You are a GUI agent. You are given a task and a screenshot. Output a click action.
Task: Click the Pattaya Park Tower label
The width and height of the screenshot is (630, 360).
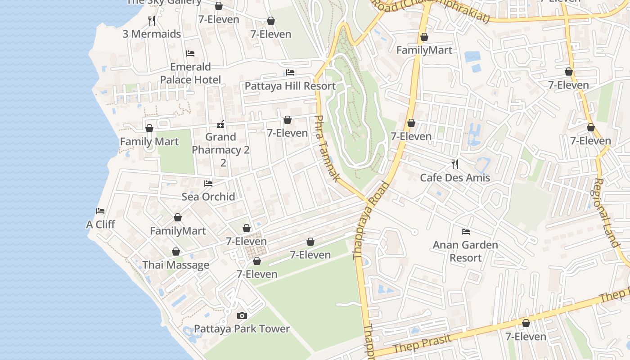coord(242,329)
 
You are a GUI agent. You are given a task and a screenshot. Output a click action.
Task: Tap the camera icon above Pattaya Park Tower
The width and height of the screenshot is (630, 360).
coord(242,315)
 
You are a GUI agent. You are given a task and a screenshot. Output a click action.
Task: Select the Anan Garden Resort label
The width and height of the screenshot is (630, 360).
coord(465,251)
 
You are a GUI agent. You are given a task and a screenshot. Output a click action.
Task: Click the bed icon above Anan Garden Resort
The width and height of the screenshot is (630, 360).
coord(466,232)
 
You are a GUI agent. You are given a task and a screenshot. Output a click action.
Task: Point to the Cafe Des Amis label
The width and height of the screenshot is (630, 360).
coord(454,178)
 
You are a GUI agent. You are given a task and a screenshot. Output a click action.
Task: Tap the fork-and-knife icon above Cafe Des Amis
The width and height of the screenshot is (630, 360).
coord(455,164)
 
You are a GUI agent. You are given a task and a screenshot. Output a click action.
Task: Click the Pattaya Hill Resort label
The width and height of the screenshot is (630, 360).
coord(290,86)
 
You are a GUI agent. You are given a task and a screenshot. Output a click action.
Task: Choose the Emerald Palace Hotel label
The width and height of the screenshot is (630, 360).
coord(190,73)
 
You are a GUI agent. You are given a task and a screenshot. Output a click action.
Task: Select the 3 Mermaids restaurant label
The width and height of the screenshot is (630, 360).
coord(152,34)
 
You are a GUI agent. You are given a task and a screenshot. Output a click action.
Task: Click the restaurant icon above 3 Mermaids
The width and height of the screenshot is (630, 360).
coord(152,21)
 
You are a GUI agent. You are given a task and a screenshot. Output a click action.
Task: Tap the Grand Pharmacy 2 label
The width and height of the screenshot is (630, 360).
coord(220,144)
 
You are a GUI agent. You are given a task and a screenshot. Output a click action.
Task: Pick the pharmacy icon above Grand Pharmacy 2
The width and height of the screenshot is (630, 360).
coord(220,124)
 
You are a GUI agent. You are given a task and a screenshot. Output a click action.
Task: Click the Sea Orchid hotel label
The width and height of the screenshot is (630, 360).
coord(208,197)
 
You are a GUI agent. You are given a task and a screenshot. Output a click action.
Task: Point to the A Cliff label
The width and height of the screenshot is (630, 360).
coord(100,224)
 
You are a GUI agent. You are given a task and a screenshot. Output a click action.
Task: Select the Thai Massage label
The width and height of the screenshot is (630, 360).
coord(176,265)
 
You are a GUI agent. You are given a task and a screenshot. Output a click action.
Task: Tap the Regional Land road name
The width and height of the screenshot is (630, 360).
coord(605,212)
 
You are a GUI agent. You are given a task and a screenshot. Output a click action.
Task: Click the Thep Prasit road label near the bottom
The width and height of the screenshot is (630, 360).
coord(422,344)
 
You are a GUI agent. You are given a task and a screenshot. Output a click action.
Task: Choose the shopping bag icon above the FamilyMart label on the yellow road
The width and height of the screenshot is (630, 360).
coord(424,37)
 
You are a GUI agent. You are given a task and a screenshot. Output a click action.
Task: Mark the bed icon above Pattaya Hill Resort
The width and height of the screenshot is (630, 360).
coord(290,72)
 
